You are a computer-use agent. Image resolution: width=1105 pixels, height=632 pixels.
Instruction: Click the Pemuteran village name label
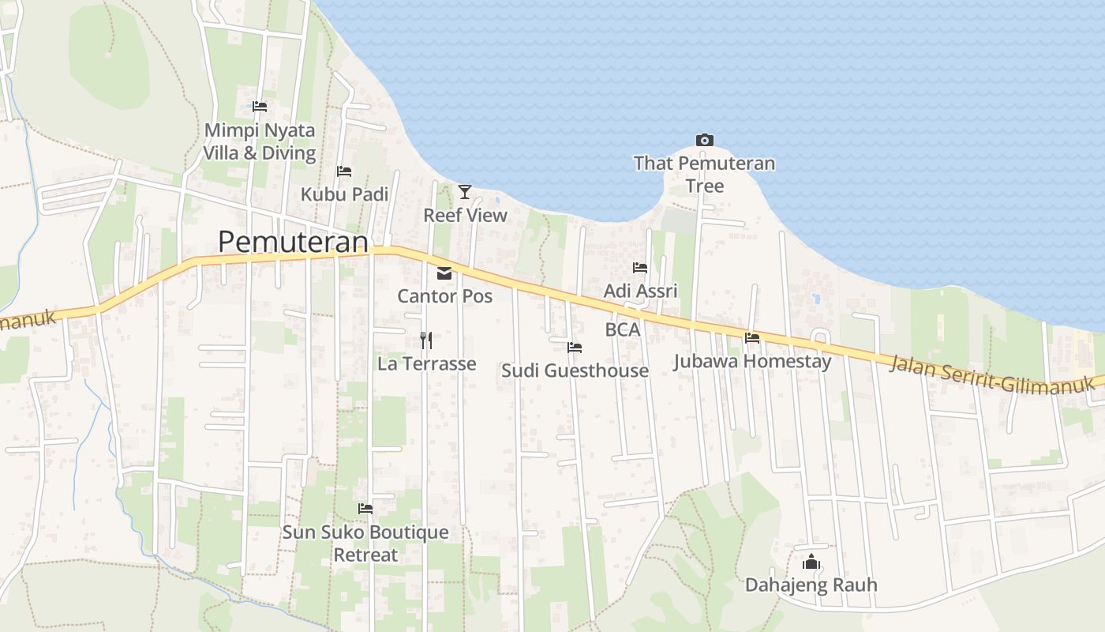[x=293, y=242]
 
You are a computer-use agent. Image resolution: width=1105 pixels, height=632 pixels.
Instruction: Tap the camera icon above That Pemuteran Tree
[x=705, y=141]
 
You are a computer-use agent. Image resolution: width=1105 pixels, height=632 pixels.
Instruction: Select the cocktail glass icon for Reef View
[x=465, y=191]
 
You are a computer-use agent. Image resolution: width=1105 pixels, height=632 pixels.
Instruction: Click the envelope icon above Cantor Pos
[x=444, y=273]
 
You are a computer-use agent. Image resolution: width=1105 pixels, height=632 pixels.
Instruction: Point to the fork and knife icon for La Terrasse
[x=426, y=340]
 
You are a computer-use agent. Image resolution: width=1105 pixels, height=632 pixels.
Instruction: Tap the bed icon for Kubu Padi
[x=344, y=171]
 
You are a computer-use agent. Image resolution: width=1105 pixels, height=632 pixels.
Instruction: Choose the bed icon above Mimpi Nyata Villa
[x=260, y=106]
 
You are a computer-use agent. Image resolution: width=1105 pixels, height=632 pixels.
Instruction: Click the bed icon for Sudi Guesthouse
[x=575, y=347]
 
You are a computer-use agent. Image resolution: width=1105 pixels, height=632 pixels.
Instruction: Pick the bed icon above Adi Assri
[x=640, y=268]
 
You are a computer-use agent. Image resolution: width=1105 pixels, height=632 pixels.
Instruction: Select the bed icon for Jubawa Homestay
[x=752, y=337]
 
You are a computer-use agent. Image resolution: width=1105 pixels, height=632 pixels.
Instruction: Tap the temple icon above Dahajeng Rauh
[x=811, y=562]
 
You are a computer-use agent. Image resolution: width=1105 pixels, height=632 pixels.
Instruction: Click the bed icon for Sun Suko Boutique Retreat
[x=365, y=508]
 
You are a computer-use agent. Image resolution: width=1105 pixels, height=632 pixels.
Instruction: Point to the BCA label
[x=623, y=330]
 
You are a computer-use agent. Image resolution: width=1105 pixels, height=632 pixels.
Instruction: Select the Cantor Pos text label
[x=444, y=296]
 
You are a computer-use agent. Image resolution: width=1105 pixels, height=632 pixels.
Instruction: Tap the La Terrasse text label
[x=426, y=363]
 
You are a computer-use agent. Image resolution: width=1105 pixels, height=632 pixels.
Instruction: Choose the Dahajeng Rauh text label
[x=811, y=585]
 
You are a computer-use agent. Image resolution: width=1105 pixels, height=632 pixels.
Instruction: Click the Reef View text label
[x=465, y=215]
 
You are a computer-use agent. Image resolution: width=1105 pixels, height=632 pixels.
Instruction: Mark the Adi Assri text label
[x=640, y=291]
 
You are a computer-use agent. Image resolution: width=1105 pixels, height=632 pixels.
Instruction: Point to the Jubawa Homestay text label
[x=752, y=362]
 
